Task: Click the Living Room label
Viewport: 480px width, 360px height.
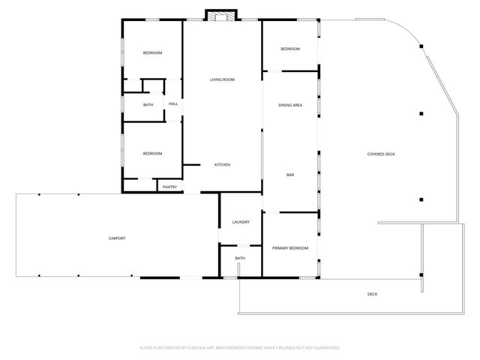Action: (222, 79)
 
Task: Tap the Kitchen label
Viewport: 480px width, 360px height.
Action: (222, 165)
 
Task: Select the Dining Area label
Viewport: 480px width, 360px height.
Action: (290, 106)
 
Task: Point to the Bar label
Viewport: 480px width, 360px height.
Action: (290, 175)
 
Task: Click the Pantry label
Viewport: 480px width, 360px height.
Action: (169, 187)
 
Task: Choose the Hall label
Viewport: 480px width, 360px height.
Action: (173, 104)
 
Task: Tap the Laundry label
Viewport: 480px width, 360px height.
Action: (241, 222)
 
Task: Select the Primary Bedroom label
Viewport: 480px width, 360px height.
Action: (290, 247)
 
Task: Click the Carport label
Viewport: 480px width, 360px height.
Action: (117, 238)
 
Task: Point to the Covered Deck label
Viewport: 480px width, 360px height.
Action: (381, 154)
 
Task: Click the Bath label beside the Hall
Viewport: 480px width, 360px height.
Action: (148, 105)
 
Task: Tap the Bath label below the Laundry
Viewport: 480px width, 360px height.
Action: (240, 259)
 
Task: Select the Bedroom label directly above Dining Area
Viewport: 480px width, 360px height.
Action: (290, 49)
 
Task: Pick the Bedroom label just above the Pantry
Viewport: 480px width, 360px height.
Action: (153, 154)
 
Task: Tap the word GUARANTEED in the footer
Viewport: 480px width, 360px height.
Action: (325, 348)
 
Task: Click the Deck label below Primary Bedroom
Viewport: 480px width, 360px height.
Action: (372, 294)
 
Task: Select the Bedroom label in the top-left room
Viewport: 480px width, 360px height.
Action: (153, 53)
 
